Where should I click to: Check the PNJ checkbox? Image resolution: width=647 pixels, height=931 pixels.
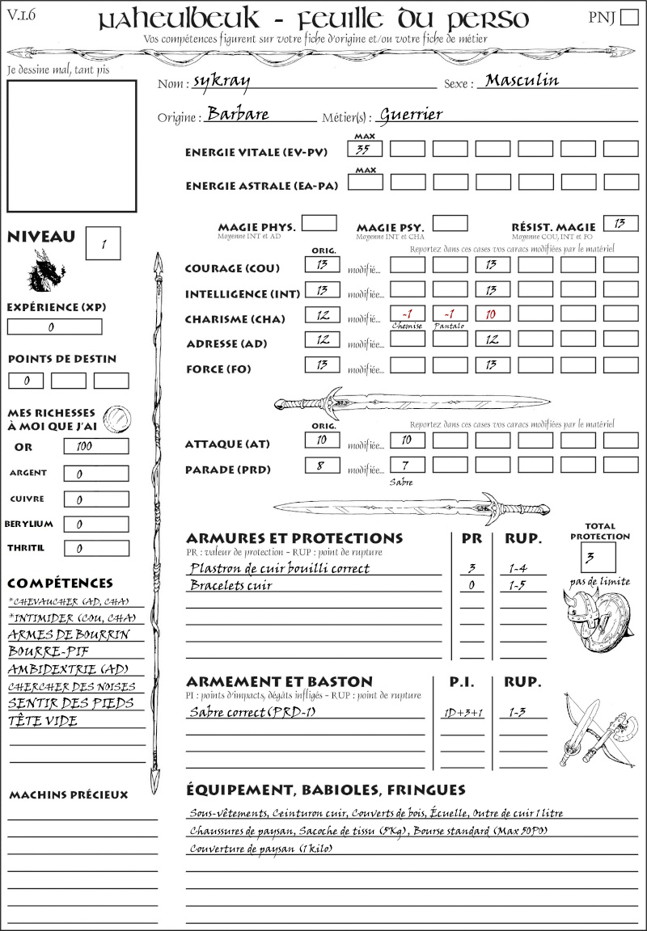628,18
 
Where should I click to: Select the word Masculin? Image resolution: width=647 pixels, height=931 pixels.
522,80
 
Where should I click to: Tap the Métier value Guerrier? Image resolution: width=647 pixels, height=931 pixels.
411,115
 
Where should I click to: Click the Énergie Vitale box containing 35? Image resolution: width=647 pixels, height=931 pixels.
365,149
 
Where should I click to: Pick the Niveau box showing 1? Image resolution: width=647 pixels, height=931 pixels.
104,242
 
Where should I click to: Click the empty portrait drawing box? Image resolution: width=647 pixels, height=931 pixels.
70,144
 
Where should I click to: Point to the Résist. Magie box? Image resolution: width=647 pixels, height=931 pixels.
620,223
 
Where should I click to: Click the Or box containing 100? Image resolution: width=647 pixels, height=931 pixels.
95,446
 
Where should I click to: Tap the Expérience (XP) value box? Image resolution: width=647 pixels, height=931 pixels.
55,327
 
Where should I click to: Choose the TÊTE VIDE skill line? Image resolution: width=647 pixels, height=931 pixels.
44,721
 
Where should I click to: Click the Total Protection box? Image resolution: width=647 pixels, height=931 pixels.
598,557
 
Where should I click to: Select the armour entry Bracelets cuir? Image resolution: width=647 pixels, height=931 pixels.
230,585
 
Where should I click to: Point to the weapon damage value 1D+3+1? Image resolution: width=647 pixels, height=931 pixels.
462,714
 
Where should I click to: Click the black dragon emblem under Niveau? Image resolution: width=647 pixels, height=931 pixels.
46,272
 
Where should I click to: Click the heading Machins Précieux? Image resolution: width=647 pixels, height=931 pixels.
68,795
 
